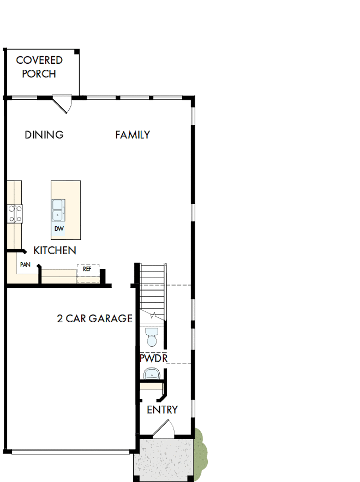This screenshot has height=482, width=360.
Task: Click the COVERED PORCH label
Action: pos(39,67)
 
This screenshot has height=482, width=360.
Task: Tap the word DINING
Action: pos(44,135)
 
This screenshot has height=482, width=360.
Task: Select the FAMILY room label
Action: pos(133,135)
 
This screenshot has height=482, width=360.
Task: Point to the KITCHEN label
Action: pos(55,250)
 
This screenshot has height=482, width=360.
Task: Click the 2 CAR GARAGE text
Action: pos(94,318)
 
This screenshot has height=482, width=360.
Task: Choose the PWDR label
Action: pos(153,358)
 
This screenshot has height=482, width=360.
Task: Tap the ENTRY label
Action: pos(162,409)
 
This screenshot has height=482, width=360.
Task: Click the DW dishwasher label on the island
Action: pos(58,228)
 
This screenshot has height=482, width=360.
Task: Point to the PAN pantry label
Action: pos(25,264)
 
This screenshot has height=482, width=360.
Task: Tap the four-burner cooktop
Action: pos(15,213)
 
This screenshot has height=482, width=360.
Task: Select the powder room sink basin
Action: pos(151,374)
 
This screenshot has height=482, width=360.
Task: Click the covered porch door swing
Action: pos(63,104)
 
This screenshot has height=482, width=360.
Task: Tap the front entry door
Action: pos(163,430)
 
